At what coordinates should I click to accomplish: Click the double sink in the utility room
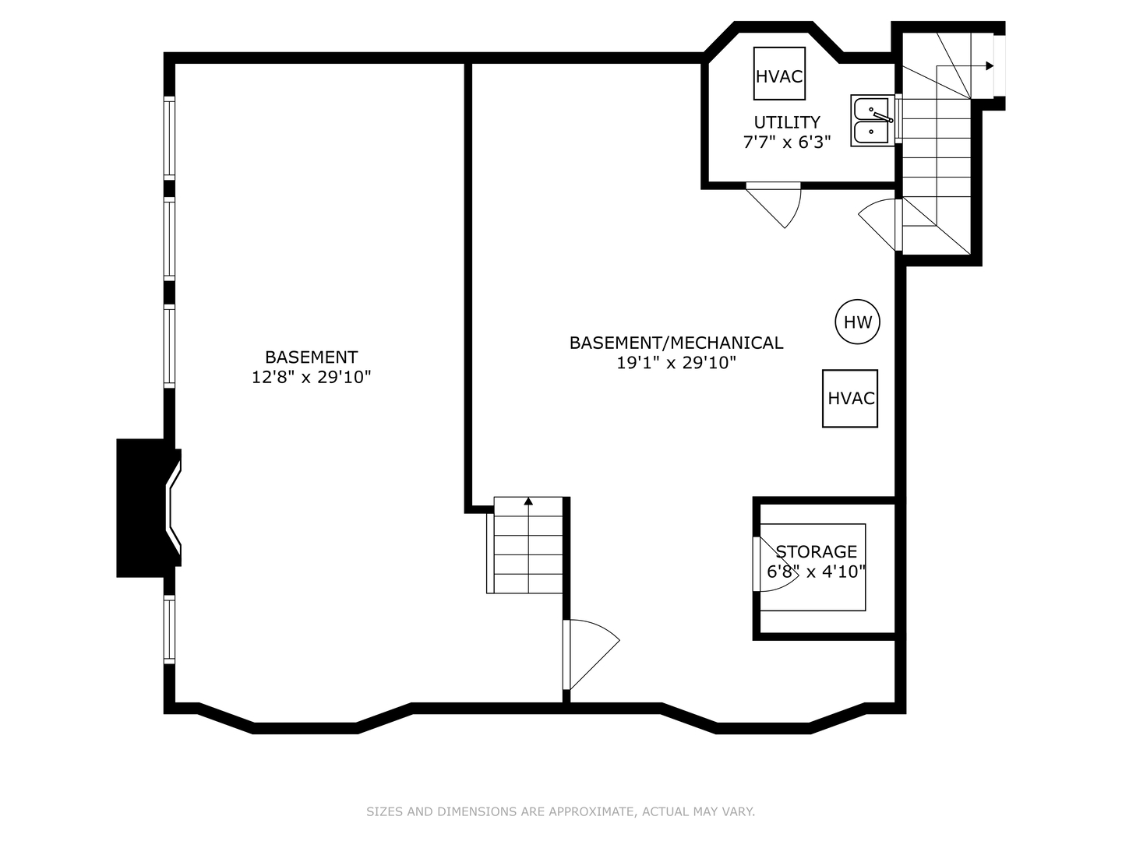(x=872, y=121)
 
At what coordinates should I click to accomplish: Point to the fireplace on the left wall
(x=149, y=508)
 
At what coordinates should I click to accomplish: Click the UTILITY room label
(x=787, y=122)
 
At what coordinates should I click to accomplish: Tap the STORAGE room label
(x=816, y=551)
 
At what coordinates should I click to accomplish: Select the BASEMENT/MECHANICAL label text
(x=676, y=343)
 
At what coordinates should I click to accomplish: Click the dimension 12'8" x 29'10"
(x=311, y=378)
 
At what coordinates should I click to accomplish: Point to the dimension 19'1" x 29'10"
(x=676, y=363)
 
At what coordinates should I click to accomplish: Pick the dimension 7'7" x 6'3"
(x=787, y=143)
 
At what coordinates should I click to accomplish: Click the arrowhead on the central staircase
(x=528, y=501)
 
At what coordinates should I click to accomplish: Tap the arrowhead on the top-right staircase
(x=990, y=66)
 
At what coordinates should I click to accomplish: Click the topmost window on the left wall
(x=169, y=138)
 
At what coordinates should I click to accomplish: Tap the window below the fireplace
(x=169, y=629)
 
